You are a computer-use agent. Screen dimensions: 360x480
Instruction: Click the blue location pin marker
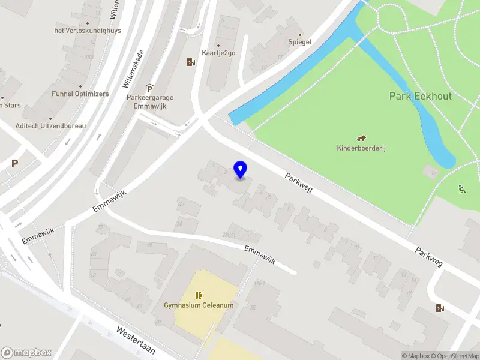[x=241, y=170]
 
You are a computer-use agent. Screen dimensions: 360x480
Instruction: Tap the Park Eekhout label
[x=420, y=96]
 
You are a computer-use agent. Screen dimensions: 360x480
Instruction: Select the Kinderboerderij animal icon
[x=362, y=139]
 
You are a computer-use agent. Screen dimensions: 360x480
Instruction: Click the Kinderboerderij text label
[x=362, y=148]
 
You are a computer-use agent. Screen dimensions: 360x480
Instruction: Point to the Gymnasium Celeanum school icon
[x=199, y=295]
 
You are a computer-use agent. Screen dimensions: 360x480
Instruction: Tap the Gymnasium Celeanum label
[x=199, y=305]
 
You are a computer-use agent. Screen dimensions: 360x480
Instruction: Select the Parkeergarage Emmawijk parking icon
[x=149, y=89]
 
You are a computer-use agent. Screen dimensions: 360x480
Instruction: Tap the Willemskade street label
[x=134, y=69]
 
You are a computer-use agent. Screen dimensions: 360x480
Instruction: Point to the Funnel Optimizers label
[x=80, y=94]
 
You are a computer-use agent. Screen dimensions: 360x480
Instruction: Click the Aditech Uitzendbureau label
[x=51, y=126]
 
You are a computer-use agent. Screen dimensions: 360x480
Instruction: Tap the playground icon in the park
[x=461, y=190]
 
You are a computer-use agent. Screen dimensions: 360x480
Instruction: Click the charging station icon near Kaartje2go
[x=191, y=62]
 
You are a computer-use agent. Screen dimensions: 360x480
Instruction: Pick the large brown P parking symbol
[x=15, y=163]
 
